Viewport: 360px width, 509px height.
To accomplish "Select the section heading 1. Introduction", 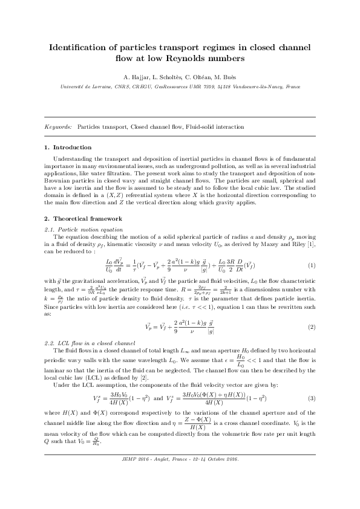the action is pyautogui.click(x=68, y=148).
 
